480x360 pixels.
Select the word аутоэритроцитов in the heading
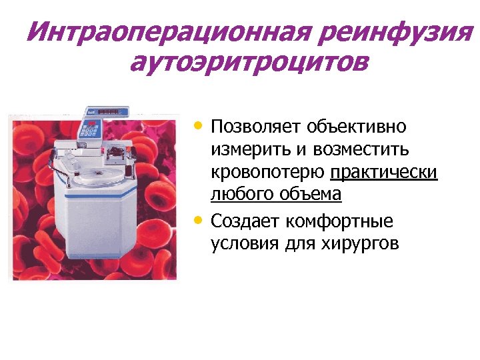point(248,64)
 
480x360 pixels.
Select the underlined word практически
point(384,172)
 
